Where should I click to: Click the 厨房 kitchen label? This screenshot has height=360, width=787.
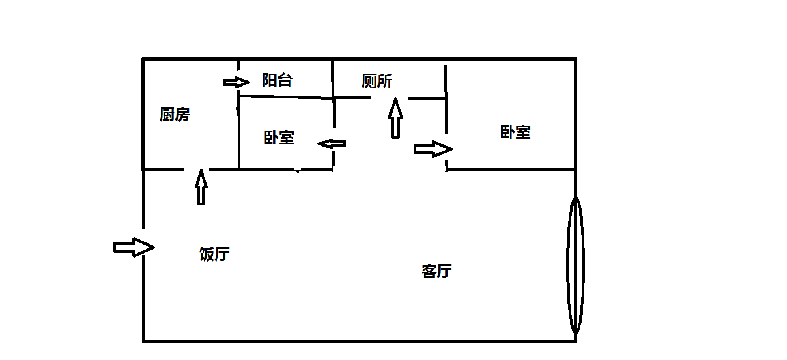[x=175, y=115]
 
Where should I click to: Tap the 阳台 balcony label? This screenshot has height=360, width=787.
[x=277, y=80]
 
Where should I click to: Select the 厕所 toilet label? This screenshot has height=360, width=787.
[x=377, y=82]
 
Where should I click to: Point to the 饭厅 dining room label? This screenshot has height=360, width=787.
[x=214, y=254]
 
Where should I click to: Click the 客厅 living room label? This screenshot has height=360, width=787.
[x=437, y=272]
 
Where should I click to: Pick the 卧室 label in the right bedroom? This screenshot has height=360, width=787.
[x=515, y=132]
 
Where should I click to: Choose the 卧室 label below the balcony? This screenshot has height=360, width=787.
[x=279, y=138]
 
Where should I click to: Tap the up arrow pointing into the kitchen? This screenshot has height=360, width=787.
[x=201, y=186]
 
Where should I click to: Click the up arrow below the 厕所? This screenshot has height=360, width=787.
[x=395, y=118]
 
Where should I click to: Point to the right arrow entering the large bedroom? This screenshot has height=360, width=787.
[x=433, y=149]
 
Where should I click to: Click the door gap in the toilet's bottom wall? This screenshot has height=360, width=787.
[x=389, y=98]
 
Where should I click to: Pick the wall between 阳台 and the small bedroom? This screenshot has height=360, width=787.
[x=286, y=97]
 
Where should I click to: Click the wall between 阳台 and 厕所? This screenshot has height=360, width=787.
[x=332, y=78]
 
